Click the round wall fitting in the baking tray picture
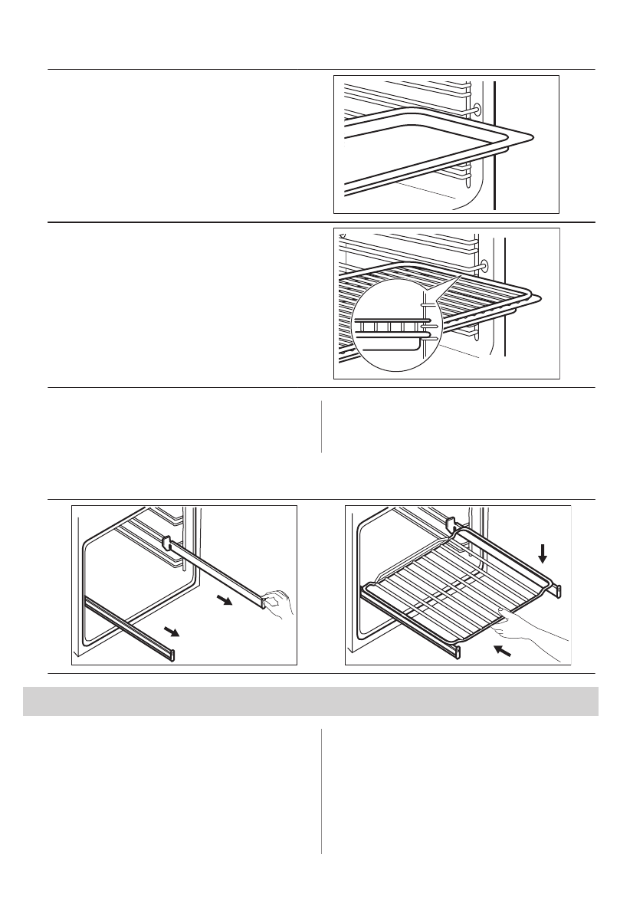pyautogui.click(x=477, y=110)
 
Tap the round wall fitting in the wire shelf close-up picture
pyautogui.click(x=483, y=265)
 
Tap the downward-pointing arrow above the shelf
pyautogui.click(x=543, y=553)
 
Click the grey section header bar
pyautogui.click(x=310, y=701)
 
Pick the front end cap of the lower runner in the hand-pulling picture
pyautogui.click(x=172, y=655)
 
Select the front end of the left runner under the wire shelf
pyautogui.click(x=458, y=651)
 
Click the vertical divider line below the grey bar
pyautogui.click(x=321, y=790)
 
